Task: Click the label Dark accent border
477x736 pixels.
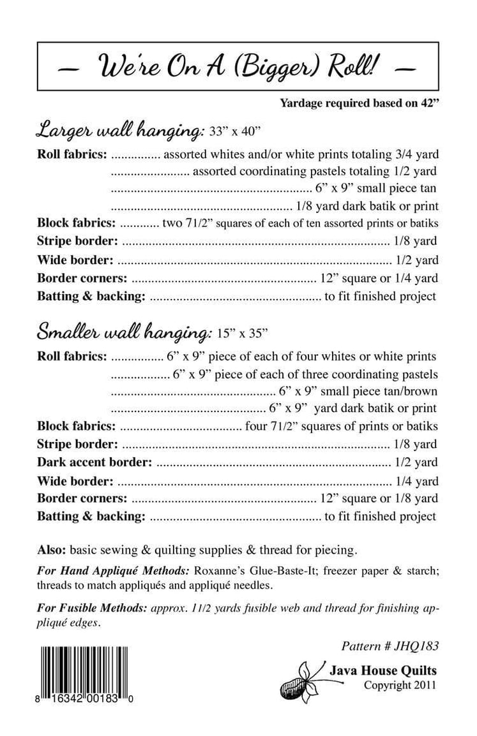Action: click(x=95, y=462)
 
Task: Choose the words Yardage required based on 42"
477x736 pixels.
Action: click(x=358, y=101)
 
